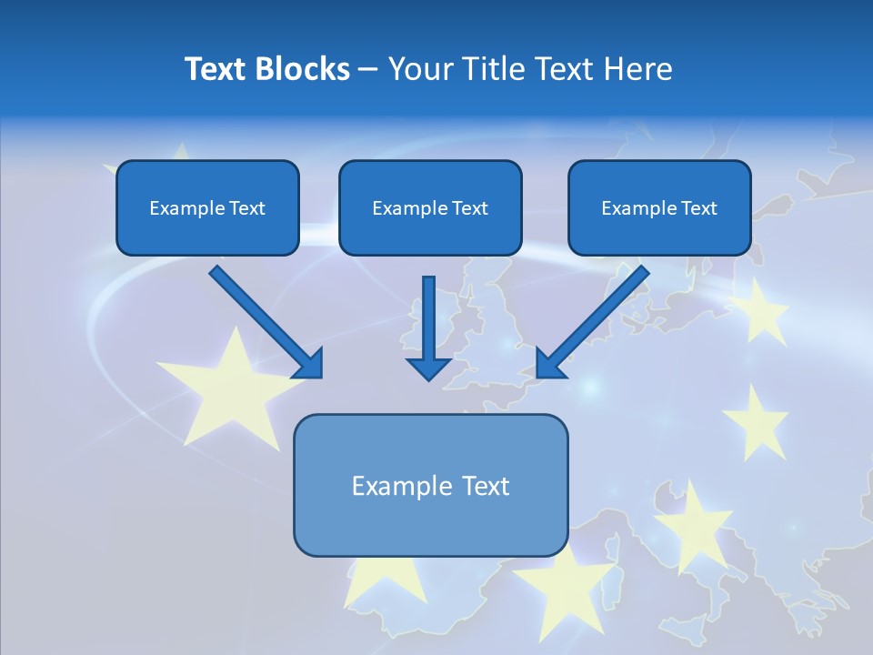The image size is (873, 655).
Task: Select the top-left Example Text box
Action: tap(207, 207)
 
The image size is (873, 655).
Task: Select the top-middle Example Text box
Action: tap(430, 207)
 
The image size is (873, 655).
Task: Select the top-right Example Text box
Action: tap(659, 207)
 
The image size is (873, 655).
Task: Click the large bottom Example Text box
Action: tap(430, 485)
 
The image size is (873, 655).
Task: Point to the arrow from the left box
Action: tap(259, 315)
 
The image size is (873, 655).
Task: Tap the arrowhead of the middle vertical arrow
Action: tap(429, 368)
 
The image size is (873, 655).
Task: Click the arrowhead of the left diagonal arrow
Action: tap(309, 364)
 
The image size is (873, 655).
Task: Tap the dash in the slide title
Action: tap(368, 69)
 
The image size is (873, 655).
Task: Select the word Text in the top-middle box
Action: tap(468, 208)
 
